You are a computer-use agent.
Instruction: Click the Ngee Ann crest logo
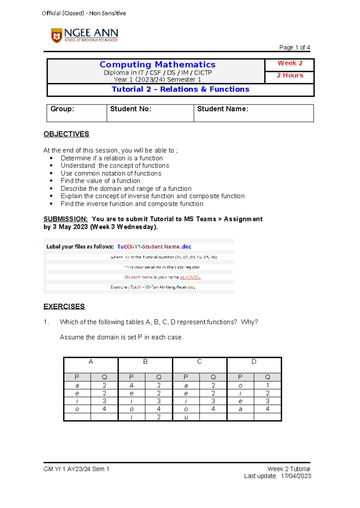(x=56, y=36)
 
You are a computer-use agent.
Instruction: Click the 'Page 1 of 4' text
(x=294, y=47)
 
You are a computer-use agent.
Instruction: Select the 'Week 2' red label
(x=290, y=63)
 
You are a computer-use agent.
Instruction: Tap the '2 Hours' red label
(x=290, y=75)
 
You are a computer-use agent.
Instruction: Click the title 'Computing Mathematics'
(x=157, y=64)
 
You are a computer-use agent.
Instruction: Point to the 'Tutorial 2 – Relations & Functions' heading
(x=180, y=89)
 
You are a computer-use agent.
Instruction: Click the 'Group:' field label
(x=62, y=109)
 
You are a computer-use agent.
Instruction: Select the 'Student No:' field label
(x=130, y=109)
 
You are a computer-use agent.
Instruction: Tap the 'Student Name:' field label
(x=223, y=109)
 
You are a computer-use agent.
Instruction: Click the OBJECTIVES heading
(x=66, y=134)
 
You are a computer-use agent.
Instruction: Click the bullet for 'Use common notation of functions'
(x=51, y=173)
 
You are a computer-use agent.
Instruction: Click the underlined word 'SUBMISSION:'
(x=65, y=219)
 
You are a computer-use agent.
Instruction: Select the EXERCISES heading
(x=64, y=306)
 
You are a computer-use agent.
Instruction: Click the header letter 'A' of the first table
(x=91, y=362)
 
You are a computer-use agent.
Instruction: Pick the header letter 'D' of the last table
(x=254, y=362)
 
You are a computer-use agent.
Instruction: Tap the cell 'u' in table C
(x=186, y=417)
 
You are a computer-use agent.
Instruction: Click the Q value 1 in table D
(x=267, y=385)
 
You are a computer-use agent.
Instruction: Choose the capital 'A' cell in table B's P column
(x=131, y=385)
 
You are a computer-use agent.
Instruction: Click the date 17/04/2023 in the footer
(x=296, y=476)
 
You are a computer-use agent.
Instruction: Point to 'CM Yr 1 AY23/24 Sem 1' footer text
(x=76, y=469)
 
